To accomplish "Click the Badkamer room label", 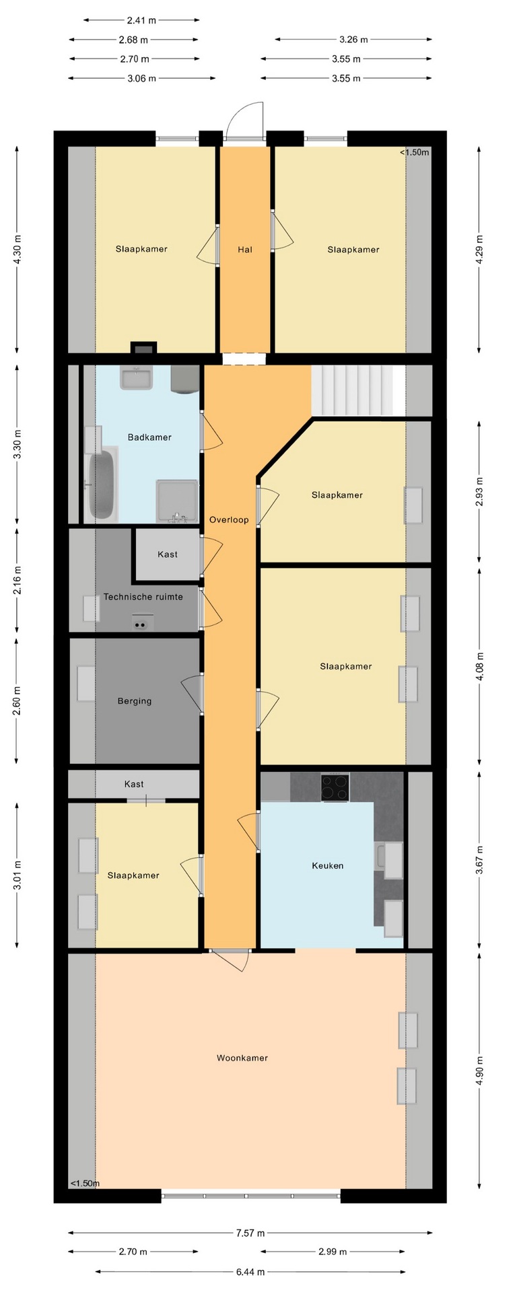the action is [x=149, y=437].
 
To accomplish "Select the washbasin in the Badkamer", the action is [x=137, y=378].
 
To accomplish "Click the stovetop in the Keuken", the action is [x=335, y=787].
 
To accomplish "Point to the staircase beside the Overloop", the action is [x=357, y=390].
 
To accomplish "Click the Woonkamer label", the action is [x=242, y=1058].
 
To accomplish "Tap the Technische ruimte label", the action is [x=143, y=597].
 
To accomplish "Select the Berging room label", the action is [x=135, y=701].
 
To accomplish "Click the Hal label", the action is [x=245, y=250].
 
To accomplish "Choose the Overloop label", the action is [x=229, y=520].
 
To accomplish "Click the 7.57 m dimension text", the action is [x=250, y=1233].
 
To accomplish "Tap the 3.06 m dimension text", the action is [x=142, y=79].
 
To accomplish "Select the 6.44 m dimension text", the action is [x=250, y=1272].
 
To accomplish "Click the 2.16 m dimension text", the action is [x=18, y=580].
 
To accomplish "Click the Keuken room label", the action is [x=328, y=866].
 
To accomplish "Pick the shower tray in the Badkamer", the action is [x=177, y=501].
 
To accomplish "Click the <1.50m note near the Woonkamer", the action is [x=85, y=1184].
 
